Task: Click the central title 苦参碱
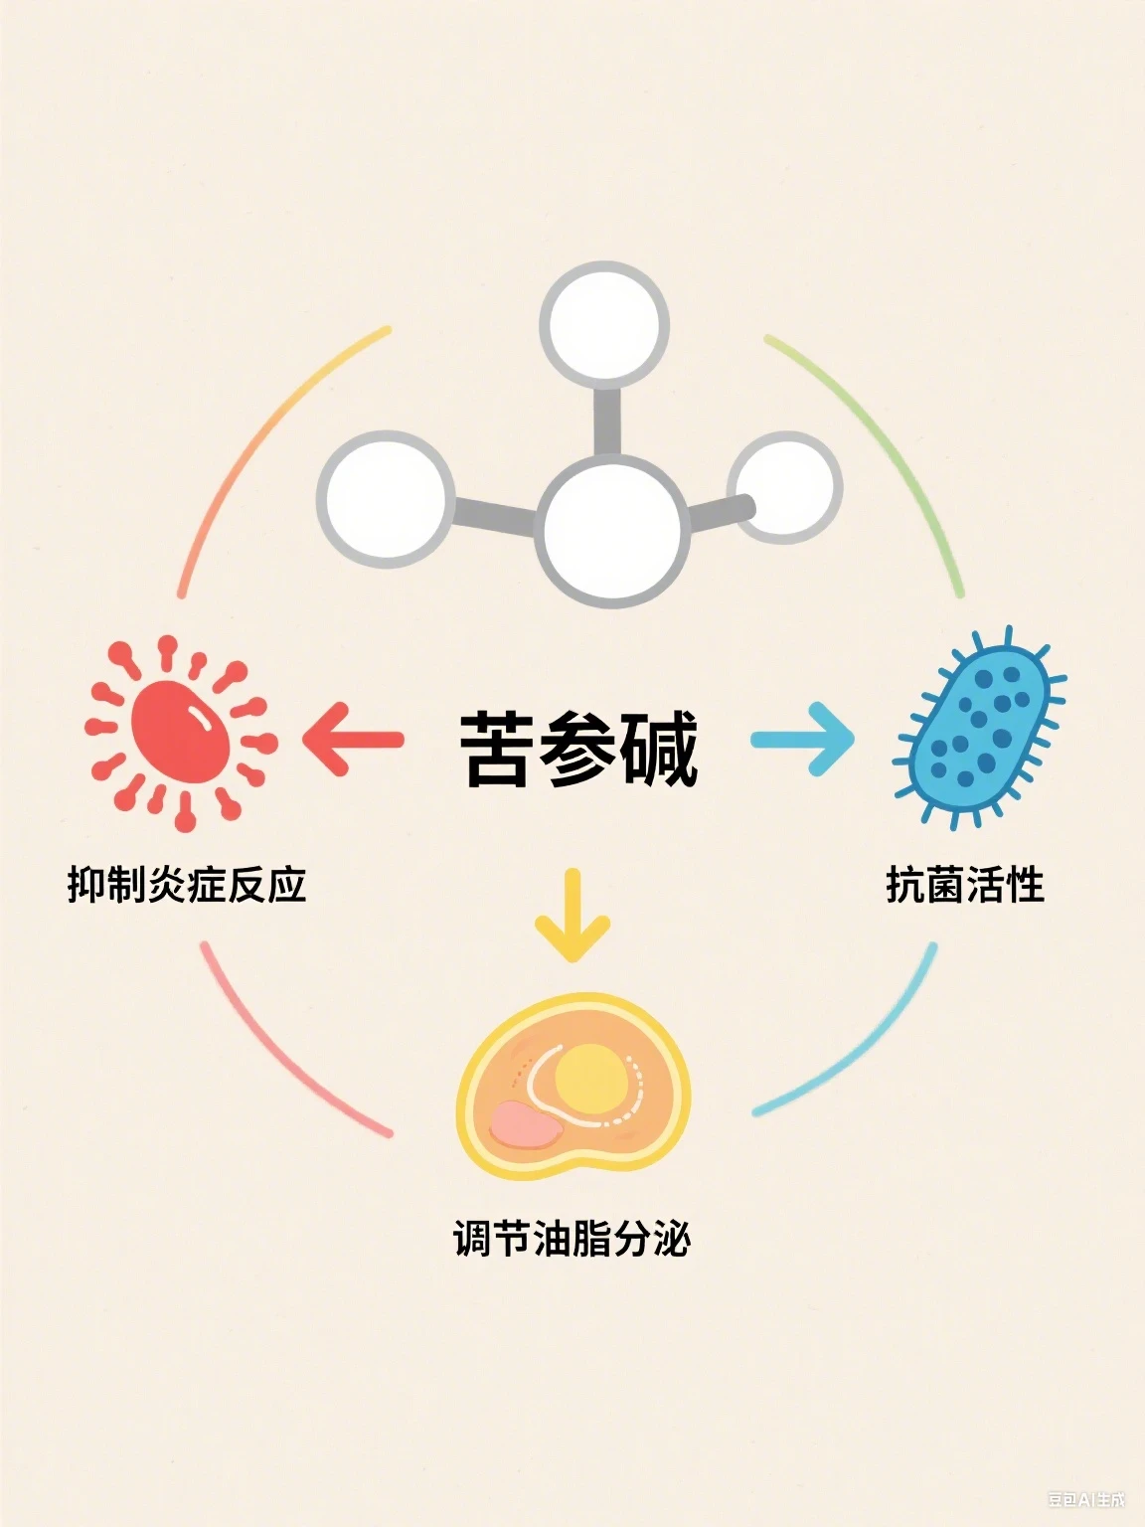click(578, 750)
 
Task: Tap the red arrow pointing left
click(353, 739)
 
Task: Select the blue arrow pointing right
click(803, 739)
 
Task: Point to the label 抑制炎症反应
click(187, 885)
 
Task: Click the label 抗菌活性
click(965, 885)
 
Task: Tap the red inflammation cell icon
click(181, 732)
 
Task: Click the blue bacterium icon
click(980, 727)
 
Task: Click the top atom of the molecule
click(604, 325)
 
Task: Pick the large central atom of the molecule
click(612, 531)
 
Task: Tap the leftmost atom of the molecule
click(386, 499)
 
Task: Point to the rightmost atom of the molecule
click(785, 487)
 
